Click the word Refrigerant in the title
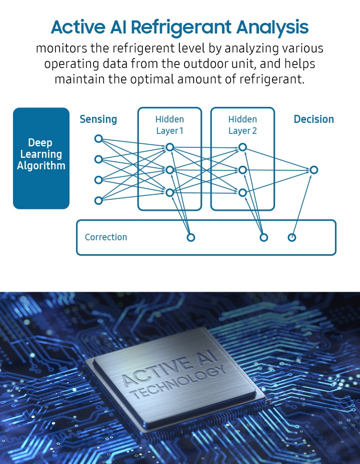(181, 27)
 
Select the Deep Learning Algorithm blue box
(41, 158)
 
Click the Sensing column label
(98, 119)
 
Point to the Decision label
(314, 119)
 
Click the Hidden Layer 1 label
(170, 125)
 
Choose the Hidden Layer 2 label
(242, 125)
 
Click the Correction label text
(106, 237)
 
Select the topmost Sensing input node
(98, 138)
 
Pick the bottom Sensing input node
(98, 200)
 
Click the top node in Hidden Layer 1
(170, 147)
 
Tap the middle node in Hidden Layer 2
(242, 170)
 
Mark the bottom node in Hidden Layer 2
(242, 193)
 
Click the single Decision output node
(314, 170)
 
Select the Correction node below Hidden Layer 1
(191, 237)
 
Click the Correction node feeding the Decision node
(292, 237)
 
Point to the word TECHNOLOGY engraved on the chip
(178, 382)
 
